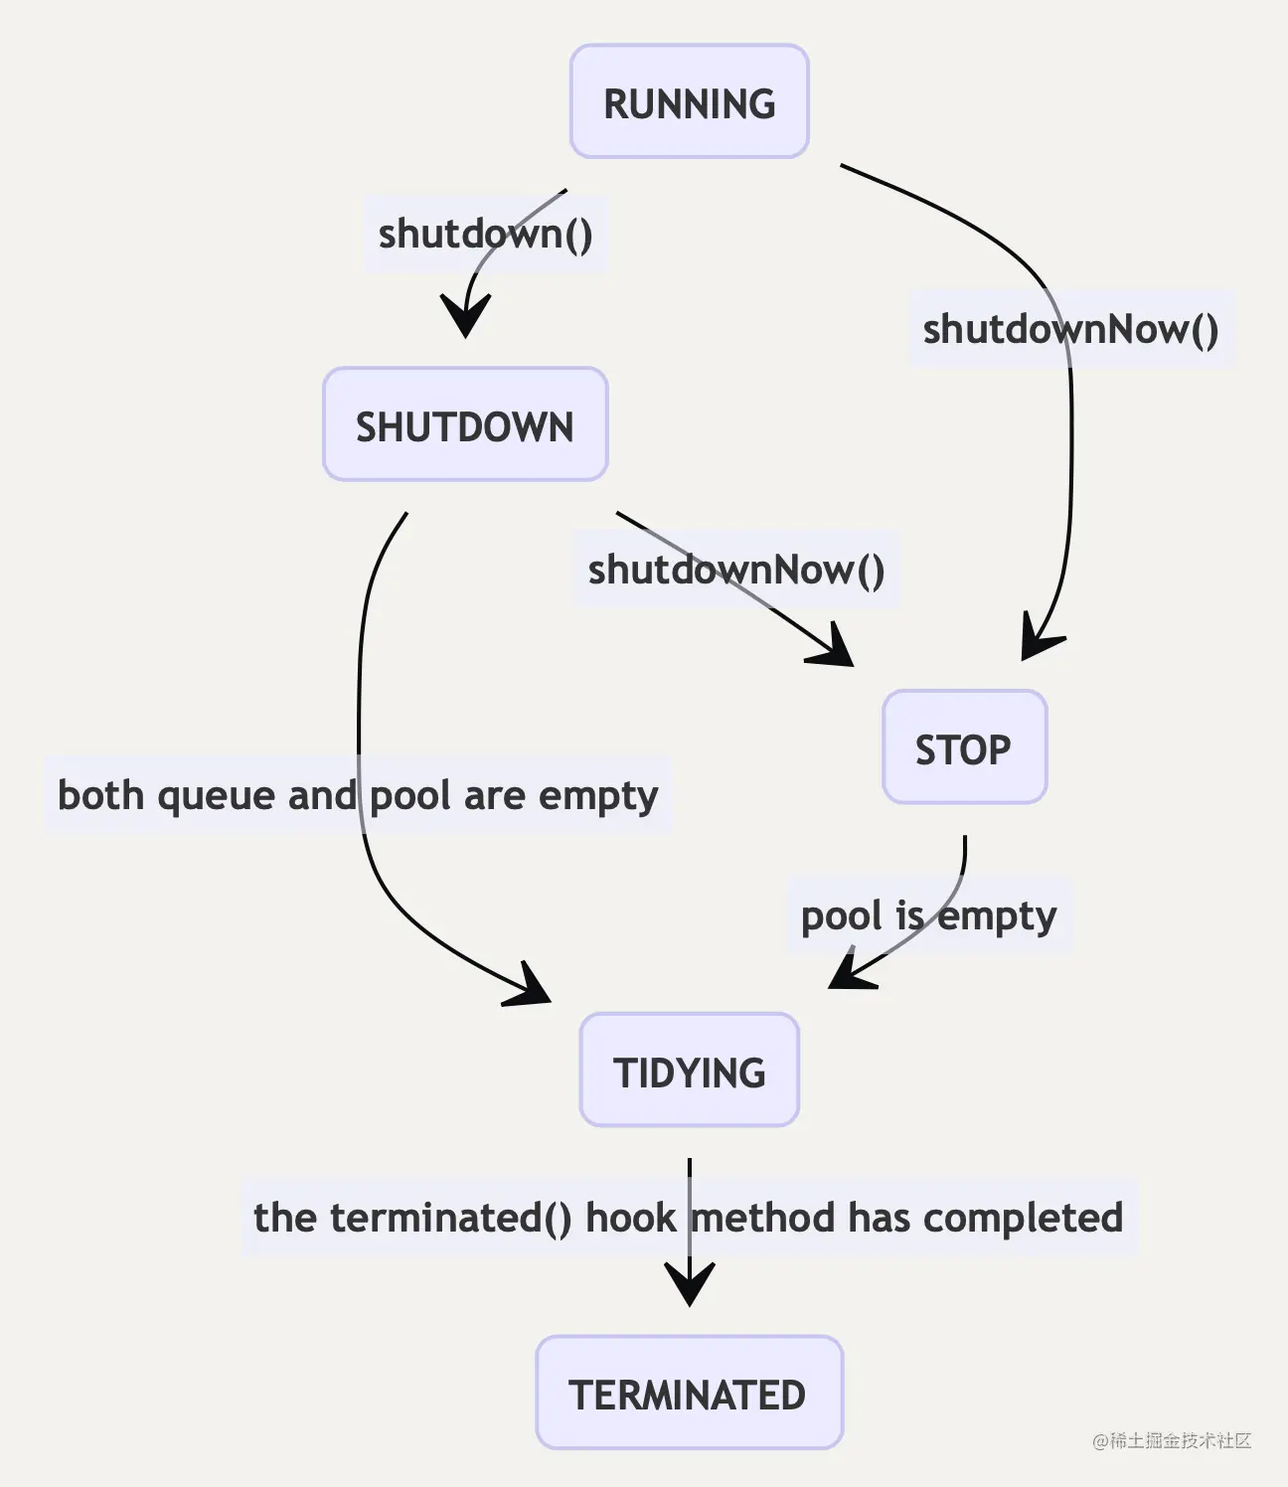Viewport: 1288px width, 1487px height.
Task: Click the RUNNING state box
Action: pyautogui.click(x=689, y=101)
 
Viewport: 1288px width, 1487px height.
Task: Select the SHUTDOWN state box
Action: pyautogui.click(x=465, y=424)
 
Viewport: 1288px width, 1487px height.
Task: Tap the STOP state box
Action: pyautogui.click(x=964, y=747)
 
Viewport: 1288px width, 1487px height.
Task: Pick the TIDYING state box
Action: pyautogui.click(x=689, y=1071)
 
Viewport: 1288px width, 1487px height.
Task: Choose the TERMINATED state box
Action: pyautogui.click(x=689, y=1393)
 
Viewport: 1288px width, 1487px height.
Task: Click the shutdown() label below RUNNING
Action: pyautogui.click(x=485, y=235)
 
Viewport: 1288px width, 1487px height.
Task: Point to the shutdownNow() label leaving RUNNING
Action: pyautogui.click(x=1070, y=329)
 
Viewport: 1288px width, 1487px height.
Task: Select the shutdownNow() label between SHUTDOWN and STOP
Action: pyautogui.click(x=735, y=570)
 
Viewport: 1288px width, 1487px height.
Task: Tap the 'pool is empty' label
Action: pyautogui.click(x=928, y=915)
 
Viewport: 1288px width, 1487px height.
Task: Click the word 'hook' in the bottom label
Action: pyautogui.click(x=629, y=1218)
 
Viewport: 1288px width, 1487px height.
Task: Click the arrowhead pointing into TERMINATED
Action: pyautogui.click(x=689, y=1286)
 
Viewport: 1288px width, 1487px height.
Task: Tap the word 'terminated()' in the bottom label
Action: pyautogui.click(x=450, y=1218)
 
